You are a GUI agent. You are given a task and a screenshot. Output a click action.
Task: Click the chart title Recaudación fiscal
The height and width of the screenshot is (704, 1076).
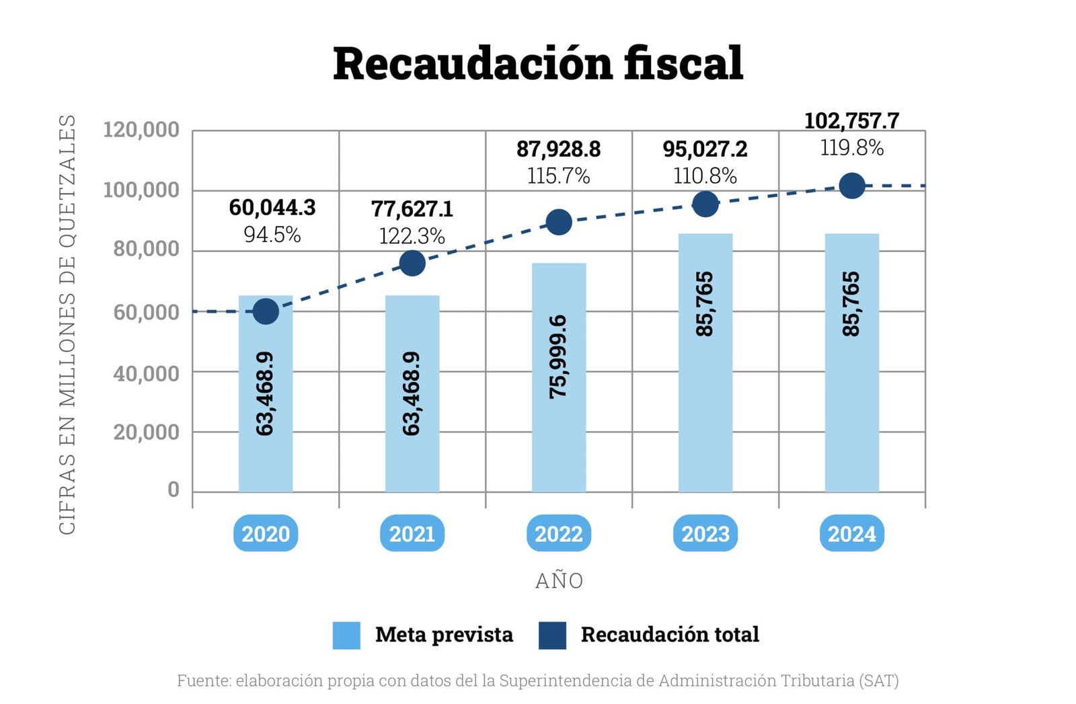[537, 64]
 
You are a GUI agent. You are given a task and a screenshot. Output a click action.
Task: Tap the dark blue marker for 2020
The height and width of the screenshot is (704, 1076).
[266, 311]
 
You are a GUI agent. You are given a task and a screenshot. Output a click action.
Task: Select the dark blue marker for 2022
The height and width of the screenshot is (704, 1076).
[559, 222]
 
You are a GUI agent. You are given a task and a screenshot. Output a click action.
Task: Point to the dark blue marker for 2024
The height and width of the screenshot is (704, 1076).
[852, 186]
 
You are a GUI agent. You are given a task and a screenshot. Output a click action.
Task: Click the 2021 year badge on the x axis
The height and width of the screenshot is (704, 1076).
[412, 534]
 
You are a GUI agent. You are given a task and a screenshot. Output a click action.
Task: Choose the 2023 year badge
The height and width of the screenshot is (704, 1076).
[705, 534]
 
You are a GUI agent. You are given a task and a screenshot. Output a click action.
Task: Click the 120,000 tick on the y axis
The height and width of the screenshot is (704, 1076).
[141, 129]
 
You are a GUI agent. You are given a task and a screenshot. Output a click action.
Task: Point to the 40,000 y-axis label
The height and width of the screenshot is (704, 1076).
[146, 373]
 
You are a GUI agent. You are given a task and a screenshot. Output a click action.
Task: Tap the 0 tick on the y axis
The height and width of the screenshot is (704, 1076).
[174, 490]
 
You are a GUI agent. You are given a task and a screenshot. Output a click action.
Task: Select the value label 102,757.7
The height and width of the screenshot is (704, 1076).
[851, 121]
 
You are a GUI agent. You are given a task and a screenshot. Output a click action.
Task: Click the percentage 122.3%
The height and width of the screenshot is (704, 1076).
[412, 236]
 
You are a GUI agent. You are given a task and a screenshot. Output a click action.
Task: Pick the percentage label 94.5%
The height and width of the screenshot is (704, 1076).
[272, 235]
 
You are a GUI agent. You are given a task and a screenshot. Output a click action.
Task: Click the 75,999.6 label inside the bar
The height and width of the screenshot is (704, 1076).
[558, 356]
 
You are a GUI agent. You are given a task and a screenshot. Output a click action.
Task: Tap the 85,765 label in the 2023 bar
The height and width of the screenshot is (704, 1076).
[704, 304]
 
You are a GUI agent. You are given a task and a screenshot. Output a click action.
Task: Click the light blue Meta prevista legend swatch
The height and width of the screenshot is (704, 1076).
[346, 635]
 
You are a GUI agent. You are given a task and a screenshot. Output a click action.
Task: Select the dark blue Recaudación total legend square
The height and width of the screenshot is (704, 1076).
[552, 635]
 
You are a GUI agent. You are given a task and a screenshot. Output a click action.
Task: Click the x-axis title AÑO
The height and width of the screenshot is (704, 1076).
[559, 581]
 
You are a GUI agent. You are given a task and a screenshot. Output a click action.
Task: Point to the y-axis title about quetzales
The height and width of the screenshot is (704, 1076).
[67, 324]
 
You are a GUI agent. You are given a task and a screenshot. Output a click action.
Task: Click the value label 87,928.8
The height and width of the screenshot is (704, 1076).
[558, 149]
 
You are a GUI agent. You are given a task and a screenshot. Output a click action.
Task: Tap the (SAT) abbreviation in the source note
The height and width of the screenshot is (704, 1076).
[878, 680]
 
